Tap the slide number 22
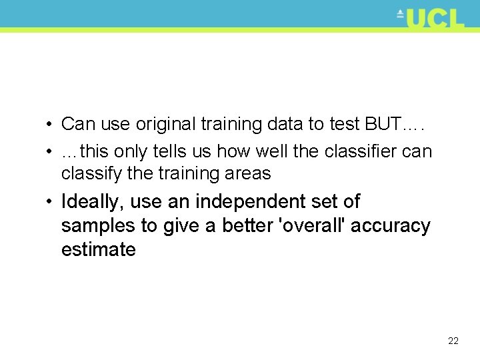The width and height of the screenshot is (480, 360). [453, 341]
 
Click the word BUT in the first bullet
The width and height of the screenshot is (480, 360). [383, 124]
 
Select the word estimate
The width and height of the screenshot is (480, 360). [98, 250]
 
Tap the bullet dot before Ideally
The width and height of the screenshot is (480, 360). [51, 202]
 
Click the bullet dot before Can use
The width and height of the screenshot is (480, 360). [51, 125]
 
